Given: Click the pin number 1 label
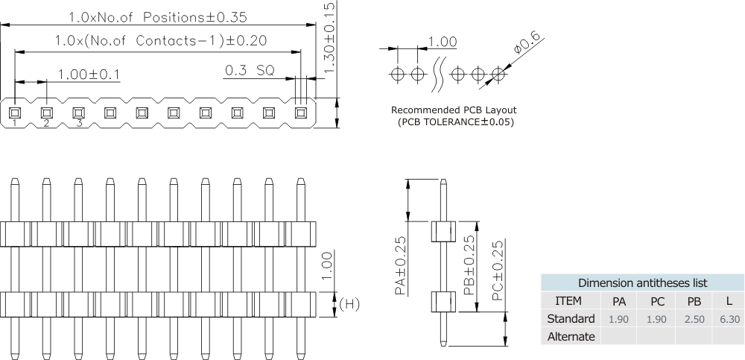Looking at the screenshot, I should pos(14,123).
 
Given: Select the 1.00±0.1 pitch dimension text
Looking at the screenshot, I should pos(89,74).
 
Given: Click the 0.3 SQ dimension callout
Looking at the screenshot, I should pos(250,70).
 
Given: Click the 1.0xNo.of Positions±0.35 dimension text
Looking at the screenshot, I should pos(157,16).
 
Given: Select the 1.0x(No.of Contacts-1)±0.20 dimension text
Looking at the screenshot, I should pos(161,42).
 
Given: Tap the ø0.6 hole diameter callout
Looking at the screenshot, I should pos(527,46).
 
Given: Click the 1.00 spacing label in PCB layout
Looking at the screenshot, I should pos(443,43).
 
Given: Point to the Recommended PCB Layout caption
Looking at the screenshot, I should pos(454,110).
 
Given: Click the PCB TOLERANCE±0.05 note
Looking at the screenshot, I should pos(456,121).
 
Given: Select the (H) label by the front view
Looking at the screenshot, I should pos(350,305).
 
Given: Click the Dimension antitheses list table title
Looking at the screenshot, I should pos(643,283).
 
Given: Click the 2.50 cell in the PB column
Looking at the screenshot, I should pos(693,319).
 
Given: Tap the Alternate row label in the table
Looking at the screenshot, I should pos(571,336).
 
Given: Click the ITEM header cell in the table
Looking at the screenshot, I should pos(569,301).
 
